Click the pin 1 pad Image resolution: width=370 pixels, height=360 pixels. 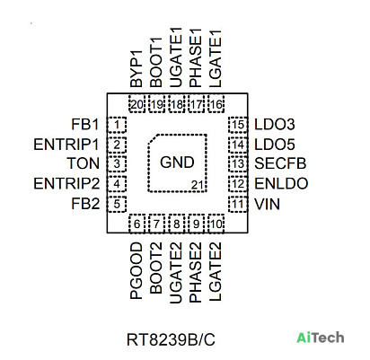(x=117, y=125)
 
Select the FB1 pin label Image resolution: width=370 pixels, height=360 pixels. (x=85, y=125)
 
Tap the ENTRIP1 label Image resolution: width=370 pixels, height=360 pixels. (x=66, y=145)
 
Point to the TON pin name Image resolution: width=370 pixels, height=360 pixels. (x=84, y=163)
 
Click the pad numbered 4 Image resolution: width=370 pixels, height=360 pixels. (x=117, y=183)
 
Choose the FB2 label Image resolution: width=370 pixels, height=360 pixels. (x=85, y=204)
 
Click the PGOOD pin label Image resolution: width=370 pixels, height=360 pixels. (x=137, y=271)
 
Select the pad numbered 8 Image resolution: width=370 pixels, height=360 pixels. (x=176, y=224)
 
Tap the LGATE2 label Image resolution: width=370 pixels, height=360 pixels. (x=216, y=271)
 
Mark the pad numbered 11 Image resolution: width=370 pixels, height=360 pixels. (x=238, y=205)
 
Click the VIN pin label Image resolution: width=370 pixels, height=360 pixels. (x=267, y=205)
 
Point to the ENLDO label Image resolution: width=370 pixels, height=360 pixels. (x=281, y=184)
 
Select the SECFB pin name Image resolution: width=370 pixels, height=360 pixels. (x=280, y=163)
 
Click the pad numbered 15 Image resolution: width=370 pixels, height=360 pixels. (x=238, y=125)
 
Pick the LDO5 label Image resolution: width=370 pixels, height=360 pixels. (x=275, y=145)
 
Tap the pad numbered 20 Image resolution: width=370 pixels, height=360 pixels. (x=137, y=104)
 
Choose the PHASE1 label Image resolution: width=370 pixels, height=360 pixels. (x=196, y=58)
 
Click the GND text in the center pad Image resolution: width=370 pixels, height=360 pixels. (x=177, y=162)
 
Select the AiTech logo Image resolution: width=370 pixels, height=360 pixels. (x=320, y=338)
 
